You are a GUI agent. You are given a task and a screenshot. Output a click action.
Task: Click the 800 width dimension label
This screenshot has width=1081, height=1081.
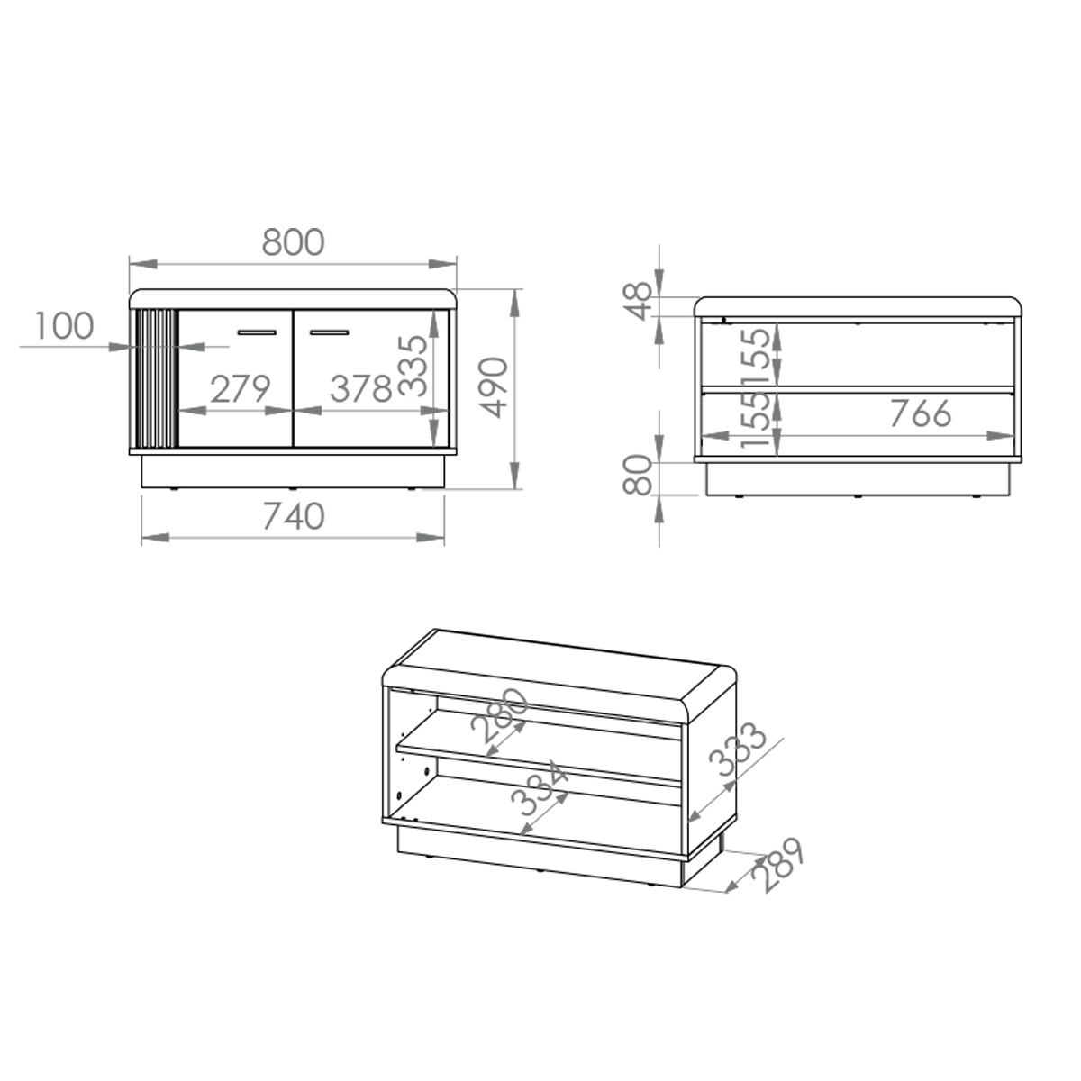click(293, 241)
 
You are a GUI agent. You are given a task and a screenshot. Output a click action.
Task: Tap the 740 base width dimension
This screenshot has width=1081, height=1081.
click(294, 516)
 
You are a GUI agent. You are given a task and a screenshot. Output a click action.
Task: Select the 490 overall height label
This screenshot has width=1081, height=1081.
click(495, 387)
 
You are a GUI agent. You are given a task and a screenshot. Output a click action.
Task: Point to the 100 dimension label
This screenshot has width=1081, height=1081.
click(64, 325)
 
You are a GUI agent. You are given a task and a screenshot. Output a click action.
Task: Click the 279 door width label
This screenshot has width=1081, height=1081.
click(241, 389)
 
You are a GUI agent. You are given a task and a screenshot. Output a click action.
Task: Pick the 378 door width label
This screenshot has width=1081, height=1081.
click(360, 389)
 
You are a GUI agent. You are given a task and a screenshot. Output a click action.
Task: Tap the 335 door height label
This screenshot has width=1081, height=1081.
click(413, 366)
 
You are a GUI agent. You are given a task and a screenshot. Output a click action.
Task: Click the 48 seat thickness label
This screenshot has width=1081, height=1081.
click(639, 301)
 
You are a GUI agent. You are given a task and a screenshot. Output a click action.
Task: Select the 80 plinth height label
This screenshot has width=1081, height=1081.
click(639, 475)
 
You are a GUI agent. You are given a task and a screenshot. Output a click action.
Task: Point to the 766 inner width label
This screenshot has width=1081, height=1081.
click(921, 413)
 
